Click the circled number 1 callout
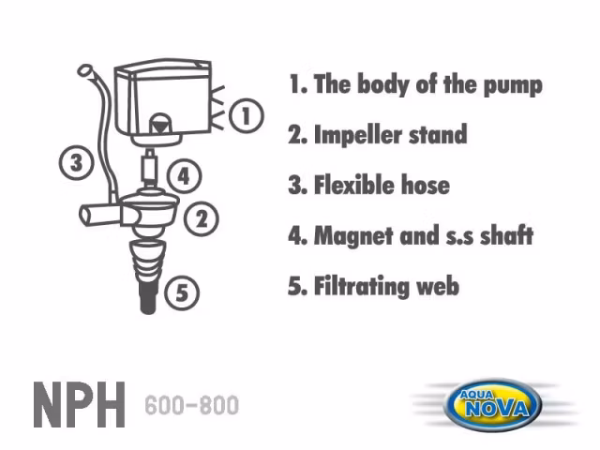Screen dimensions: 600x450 pos(247,115)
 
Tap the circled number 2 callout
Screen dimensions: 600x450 pos(202,218)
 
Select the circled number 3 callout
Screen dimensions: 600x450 pos(76,162)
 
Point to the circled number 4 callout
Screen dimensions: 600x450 pos(184,176)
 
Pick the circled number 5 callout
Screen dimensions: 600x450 pos(182,293)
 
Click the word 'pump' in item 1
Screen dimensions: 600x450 pos(513,85)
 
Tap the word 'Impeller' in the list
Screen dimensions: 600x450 pos(358,135)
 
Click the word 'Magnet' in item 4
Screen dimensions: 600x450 pos(353,236)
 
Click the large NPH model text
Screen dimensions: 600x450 pos(79,404)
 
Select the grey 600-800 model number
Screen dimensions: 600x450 pos(191,406)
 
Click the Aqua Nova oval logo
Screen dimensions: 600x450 pos(495,405)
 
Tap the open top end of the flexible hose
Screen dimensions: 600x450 pos(85,70)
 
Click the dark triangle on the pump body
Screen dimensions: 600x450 pos(160,125)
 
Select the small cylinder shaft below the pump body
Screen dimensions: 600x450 pos(150,167)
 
